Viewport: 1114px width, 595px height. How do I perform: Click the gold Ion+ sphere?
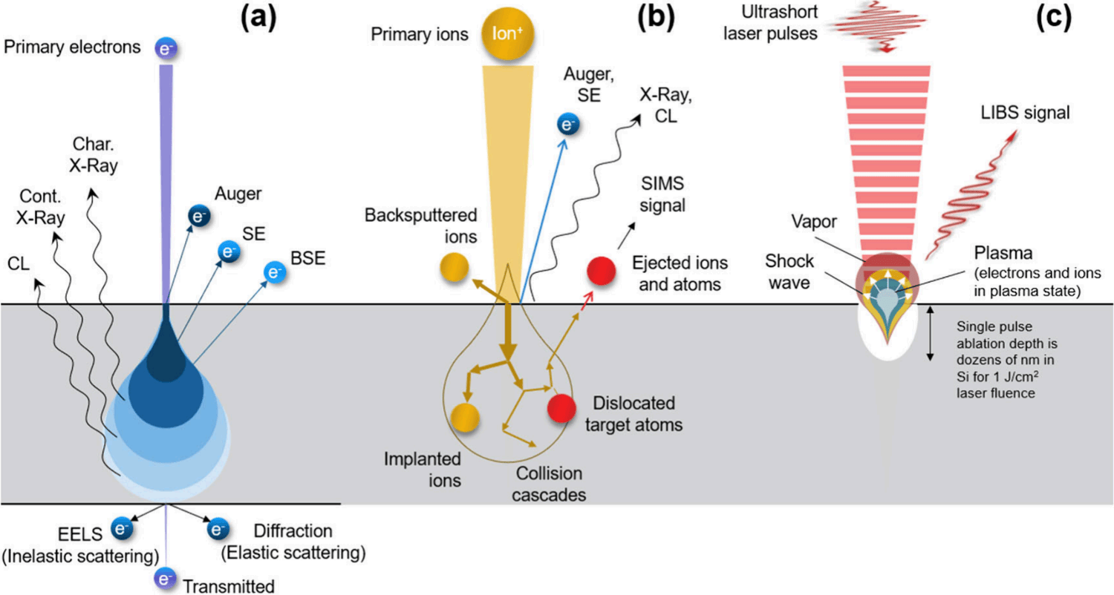pos(507,33)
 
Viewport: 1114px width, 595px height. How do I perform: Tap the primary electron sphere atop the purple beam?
pos(166,49)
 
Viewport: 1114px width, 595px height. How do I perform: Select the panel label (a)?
pos(258,18)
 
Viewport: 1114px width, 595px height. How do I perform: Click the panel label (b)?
pos(657,18)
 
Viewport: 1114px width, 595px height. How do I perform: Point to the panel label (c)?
pos(1054,18)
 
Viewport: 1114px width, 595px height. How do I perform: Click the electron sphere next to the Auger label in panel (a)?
pos(199,216)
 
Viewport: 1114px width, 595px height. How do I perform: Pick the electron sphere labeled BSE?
pos(275,272)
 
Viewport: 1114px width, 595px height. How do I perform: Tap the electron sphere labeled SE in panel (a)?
pos(229,252)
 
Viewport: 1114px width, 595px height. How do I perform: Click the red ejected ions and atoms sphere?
pos(602,271)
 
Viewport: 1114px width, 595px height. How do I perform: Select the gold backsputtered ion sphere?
pos(455,267)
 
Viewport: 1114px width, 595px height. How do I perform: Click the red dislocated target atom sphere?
pos(561,408)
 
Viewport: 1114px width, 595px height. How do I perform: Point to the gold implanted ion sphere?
pos(465,417)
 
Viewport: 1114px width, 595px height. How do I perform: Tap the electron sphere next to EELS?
pos(122,528)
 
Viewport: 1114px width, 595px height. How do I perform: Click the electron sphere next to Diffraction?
pos(218,529)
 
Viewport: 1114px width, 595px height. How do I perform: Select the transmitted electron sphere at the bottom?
pos(165,579)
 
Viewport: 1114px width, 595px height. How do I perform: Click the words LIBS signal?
pos(1025,113)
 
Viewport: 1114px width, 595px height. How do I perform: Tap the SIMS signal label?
pos(662,194)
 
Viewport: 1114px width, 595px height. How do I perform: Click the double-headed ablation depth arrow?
pos(930,333)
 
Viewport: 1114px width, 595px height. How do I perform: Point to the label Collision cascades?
pos(549,484)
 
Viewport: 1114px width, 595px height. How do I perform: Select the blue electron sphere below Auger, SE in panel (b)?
pos(568,124)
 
